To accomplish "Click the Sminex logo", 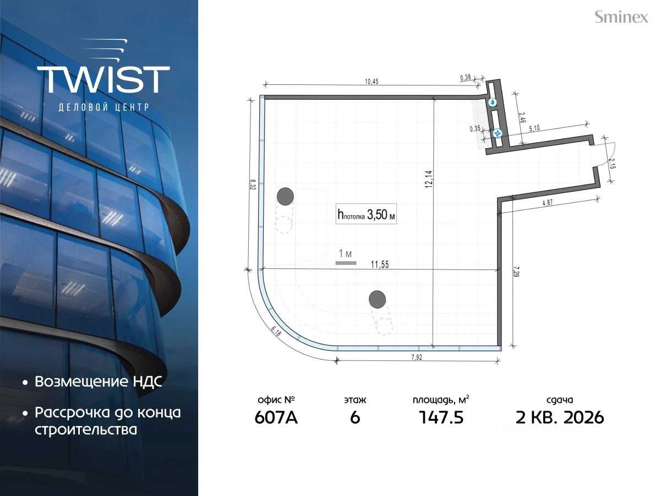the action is coord(621,17).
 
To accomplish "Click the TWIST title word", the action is coord(103,79).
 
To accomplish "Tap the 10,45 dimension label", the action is coord(372,82).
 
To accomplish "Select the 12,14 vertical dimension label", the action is coord(429,179).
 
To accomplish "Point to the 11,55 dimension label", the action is coord(380,265).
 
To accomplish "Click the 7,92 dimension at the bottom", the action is coord(417,357).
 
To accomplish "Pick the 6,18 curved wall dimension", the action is coord(276,332).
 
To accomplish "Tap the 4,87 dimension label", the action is coord(548,203).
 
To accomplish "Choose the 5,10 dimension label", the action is coord(534,128).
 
